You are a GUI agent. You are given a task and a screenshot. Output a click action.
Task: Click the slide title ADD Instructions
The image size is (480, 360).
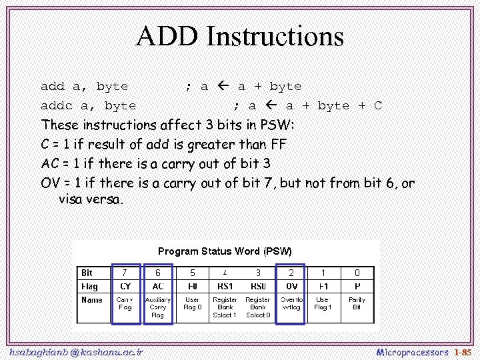(240, 36)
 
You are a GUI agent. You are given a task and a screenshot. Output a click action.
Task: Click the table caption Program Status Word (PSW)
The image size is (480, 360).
(225, 251)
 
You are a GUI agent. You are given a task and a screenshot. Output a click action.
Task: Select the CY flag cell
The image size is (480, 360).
(125, 287)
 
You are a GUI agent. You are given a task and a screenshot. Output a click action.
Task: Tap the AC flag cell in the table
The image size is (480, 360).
(158, 287)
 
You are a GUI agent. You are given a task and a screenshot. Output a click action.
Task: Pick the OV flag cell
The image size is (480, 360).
(291, 287)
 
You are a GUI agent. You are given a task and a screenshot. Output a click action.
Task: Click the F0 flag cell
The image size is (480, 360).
(193, 287)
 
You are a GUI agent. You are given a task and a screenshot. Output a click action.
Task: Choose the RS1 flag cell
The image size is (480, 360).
(225, 287)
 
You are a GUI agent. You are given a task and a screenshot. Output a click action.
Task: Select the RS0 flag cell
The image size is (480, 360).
(258, 287)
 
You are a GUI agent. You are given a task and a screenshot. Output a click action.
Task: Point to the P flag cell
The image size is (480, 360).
(357, 287)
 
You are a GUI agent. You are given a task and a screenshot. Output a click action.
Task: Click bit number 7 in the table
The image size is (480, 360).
(125, 273)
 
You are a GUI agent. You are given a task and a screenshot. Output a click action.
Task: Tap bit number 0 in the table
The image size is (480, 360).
(357, 273)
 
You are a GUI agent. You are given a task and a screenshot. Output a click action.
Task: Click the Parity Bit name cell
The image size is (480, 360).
(357, 303)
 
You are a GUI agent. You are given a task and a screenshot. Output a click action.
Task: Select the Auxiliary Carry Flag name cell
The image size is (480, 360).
(158, 307)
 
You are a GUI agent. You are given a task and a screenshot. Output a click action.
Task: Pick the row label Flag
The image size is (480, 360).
(89, 287)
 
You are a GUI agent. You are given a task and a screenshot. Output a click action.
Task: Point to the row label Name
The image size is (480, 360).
(92, 300)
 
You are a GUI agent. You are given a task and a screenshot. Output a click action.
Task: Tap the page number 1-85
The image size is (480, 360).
(462, 351)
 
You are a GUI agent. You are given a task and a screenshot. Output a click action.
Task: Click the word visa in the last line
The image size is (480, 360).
(71, 199)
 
